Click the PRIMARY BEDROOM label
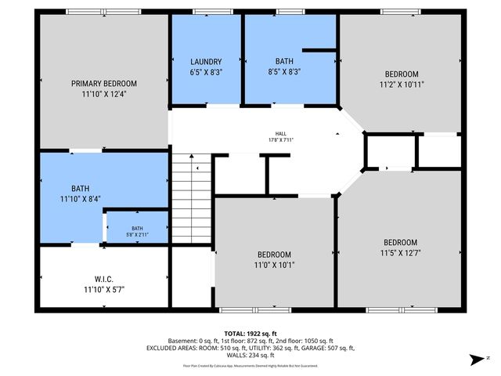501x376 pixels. point(104,84)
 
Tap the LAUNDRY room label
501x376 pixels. point(206,62)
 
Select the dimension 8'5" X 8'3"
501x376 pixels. point(283,71)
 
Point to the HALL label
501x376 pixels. point(280,133)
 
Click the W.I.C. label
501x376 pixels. point(104,279)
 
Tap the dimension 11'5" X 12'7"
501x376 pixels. point(399,253)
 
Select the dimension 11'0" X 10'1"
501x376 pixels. point(274,265)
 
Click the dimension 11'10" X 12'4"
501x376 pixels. point(104,94)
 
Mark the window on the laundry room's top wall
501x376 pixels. point(207,11)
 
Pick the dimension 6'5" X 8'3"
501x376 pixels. point(206,71)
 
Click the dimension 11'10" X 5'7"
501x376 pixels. point(104,289)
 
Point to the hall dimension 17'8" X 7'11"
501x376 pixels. point(280,140)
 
